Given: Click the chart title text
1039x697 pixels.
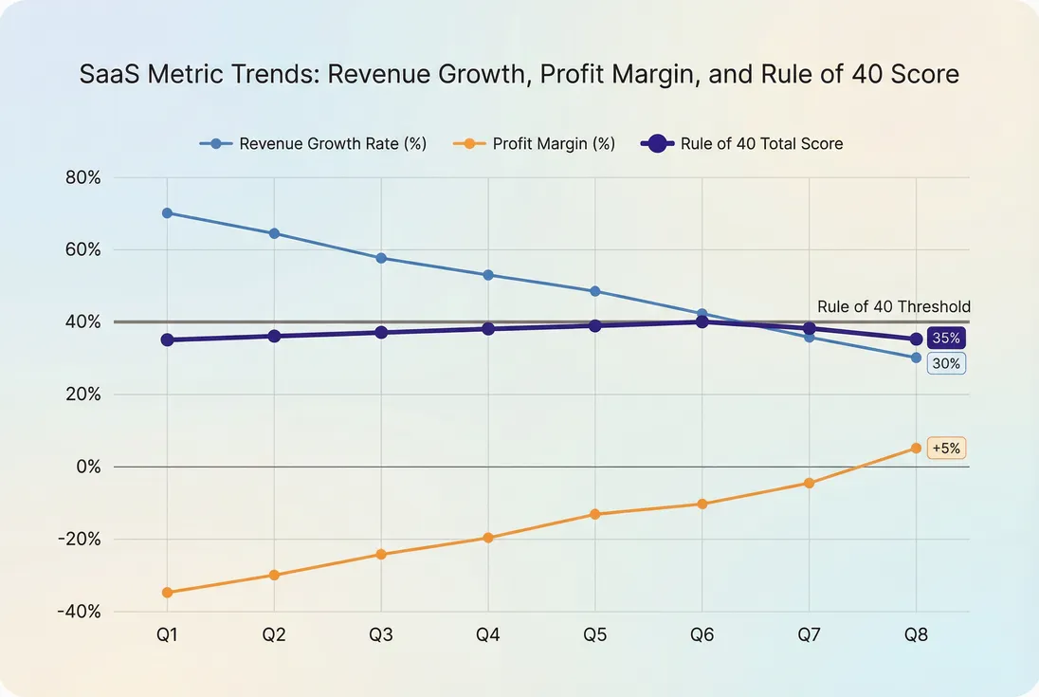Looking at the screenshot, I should [519, 74].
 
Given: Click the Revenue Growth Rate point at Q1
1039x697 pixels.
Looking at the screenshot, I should [167, 213].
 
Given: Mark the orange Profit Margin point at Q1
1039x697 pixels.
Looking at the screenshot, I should [167, 593].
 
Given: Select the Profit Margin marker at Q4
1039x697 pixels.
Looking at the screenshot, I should [488, 538].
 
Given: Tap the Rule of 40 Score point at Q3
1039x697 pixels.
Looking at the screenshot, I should [381, 333].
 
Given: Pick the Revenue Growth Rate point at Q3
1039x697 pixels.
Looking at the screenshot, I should [381, 258].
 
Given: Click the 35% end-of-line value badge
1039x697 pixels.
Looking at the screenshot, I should [946, 339].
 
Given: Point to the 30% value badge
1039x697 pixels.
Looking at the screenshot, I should [946, 363].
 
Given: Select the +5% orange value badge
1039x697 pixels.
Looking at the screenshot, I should [946, 449].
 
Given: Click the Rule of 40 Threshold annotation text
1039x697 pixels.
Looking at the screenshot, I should [893, 306].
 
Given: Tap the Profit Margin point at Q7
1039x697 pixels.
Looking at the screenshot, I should [809, 483].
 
